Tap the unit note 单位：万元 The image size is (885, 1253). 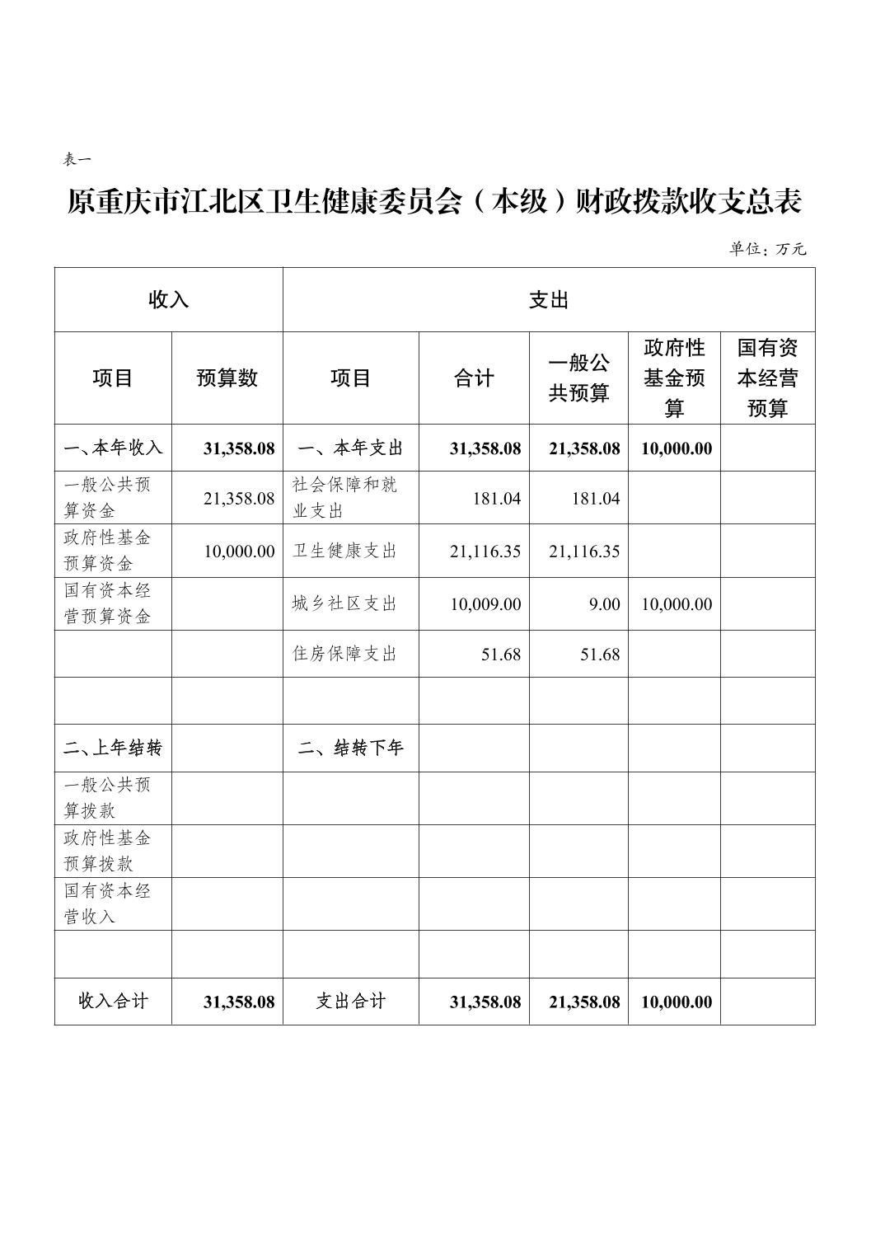coord(767,248)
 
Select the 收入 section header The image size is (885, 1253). coord(168,300)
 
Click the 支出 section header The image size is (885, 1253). coord(548,300)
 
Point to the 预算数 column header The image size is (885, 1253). coord(227,378)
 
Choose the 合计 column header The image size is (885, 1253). coord(474,378)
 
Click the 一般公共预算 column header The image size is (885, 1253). coord(578,378)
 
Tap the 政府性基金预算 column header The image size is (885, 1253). coord(674,378)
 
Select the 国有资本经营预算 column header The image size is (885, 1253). coord(767,378)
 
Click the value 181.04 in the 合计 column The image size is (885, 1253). coord(497,498)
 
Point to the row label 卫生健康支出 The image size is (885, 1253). coord(344,551)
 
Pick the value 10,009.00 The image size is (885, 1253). coord(485,604)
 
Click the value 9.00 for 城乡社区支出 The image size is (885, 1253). coord(604,604)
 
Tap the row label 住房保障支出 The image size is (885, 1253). coord(344,654)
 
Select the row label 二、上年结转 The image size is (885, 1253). coord(113,748)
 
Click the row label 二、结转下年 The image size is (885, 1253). coord(350,748)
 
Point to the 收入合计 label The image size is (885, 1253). coord(113,1002)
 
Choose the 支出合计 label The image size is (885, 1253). coord(350,1002)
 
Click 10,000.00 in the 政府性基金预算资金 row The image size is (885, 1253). coord(239,551)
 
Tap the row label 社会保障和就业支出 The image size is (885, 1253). coord(344,497)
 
